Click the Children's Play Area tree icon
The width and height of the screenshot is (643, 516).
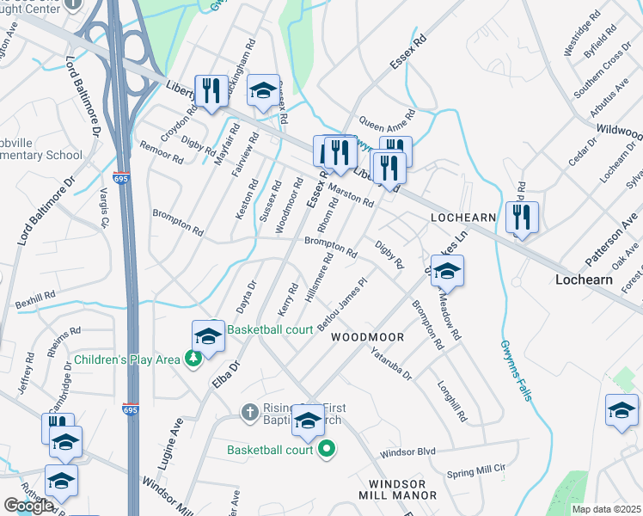[194, 359]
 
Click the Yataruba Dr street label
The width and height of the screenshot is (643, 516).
[392, 364]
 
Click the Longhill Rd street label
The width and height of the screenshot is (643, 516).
[451, 402]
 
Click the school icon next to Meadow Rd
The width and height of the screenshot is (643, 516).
[447, 273]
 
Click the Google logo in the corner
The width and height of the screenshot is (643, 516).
[28, 506]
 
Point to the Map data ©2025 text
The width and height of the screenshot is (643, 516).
[607, 509]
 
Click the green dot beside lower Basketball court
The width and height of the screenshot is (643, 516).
[326, 450]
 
